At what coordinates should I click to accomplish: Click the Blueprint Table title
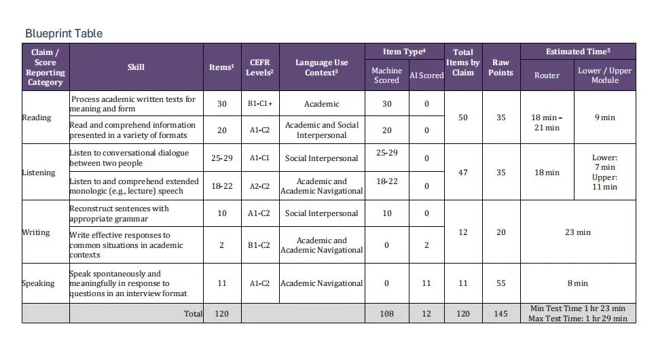click(64, 33)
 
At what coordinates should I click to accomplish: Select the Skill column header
click(136, 67)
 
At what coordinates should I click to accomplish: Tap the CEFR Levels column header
click(260, 67)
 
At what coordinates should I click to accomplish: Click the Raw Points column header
click(500, 67)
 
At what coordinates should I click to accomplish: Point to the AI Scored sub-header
click(426, 75)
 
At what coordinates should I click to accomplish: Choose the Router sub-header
click(547, 75)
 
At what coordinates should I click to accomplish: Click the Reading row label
click(37, 118)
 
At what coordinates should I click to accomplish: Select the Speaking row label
click(38, 283)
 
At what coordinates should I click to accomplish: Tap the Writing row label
click(36, 232)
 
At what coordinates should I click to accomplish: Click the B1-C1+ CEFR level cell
click(260, 103)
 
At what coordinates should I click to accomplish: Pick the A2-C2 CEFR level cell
click(260, 186)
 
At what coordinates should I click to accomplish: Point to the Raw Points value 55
click(500, 283)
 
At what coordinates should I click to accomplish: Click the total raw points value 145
click(500, 314)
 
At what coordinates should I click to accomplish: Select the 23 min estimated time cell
click(578, 232)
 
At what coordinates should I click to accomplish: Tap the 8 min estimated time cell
click(578, 283)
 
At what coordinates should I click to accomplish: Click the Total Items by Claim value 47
click(462, 173)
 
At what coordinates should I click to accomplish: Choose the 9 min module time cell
click(605, 118)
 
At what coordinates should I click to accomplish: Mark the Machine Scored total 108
click(386, 314)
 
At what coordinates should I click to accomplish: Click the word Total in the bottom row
click(193, 314)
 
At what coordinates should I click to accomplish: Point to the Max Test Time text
click(577, 319)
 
